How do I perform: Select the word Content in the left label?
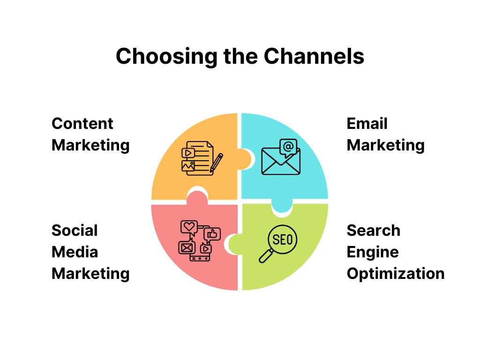[x=82, y=124]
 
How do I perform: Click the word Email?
[x=367, y=124]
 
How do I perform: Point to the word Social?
[x=75, y=231]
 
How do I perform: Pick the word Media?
[x=75, y=252]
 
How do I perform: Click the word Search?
[x=373, y=231]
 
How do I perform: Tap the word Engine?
[x=373, y=252]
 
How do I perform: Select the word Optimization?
[x=396, y=273]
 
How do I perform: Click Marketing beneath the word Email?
[x=385, y=145]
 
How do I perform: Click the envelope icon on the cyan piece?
[x=280, y=163]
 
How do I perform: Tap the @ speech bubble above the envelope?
[x=288, y=147]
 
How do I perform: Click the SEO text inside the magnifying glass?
[x=282, y=240]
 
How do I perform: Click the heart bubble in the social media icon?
[x=189, y=227]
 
